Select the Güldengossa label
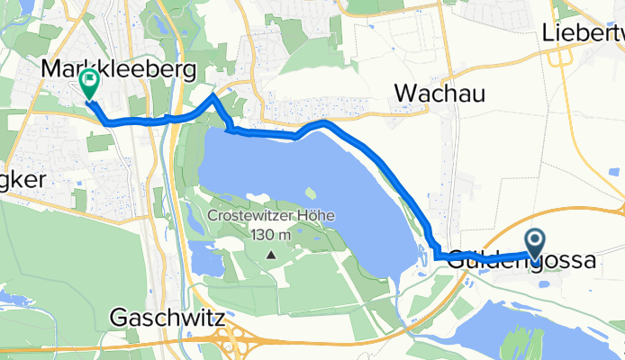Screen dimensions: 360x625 tap(521, 261)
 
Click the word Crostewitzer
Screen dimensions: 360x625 tap(247, 216)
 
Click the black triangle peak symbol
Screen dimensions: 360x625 tap(272, 254)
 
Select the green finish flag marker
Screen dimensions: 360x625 tap(90, 84)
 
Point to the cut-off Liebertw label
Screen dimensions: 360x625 tap(584, 35)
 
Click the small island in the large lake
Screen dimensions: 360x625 tap(311, 191)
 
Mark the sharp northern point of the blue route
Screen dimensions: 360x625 tap(213, 95)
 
